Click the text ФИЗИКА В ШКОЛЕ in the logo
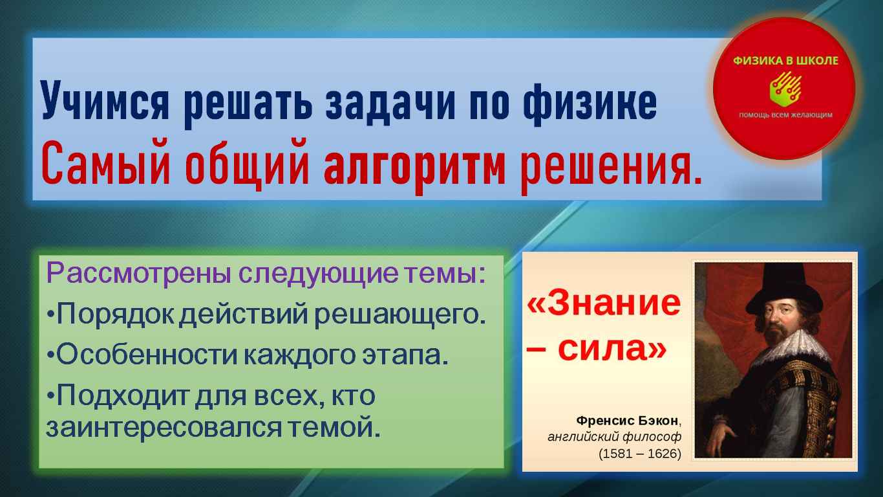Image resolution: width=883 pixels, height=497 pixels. coord(785,60)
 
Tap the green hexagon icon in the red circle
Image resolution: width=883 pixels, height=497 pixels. coord(784,89)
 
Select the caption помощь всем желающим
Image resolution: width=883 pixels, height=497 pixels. coord(785,115)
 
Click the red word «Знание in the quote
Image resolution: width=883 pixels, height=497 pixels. coord(604,303)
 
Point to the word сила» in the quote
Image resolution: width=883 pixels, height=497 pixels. coord(612,349)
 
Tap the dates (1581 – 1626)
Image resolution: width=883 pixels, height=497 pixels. coord(640,454)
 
